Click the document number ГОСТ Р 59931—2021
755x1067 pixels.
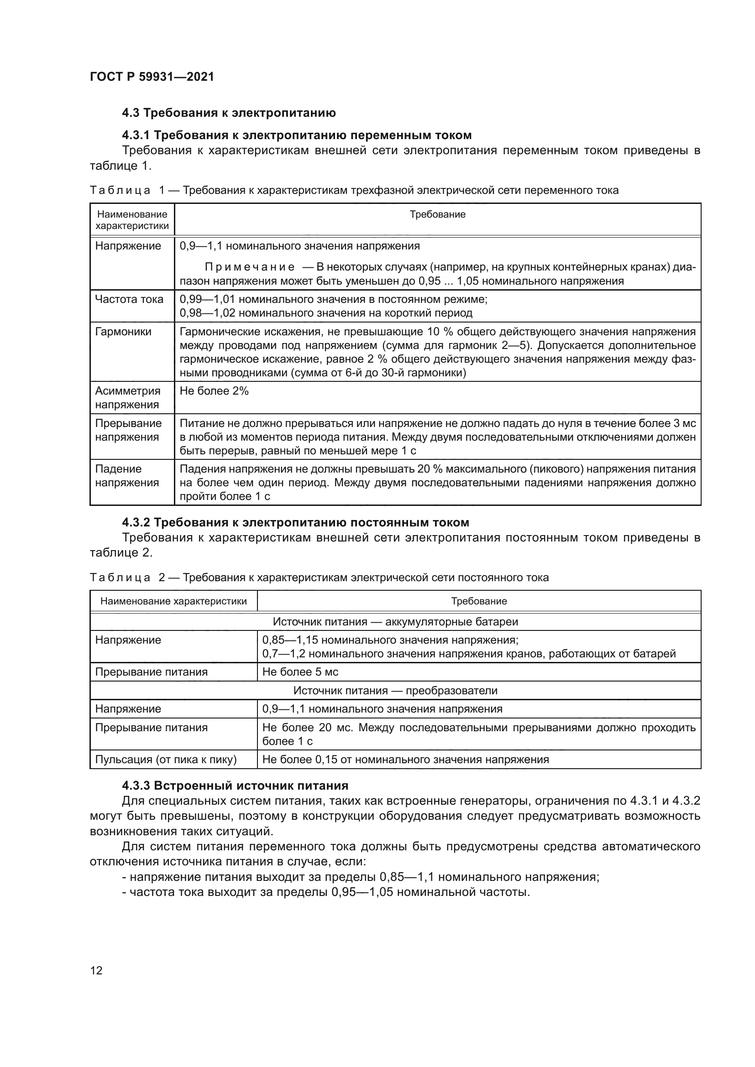(152, 77)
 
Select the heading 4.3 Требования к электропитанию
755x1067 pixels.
(229, 113)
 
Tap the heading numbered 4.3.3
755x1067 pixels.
(235, 786)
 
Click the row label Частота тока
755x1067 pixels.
(129, 299)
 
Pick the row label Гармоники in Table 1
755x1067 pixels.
(123, 332)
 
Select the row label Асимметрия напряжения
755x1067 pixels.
(128, 398)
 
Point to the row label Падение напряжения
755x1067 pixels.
(127, 476)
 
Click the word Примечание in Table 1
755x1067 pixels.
(250, 267)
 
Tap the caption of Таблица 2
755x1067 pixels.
(319, 578)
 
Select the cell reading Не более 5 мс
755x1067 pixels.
(300, 672)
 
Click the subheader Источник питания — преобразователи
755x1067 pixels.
(395, 691)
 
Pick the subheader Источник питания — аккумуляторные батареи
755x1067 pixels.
(395, 622)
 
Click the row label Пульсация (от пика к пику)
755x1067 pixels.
(166, 760)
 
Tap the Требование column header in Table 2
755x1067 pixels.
(479, 601)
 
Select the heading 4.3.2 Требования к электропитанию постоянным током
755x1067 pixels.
(295, 522)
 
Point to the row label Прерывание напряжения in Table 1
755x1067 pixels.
(128, 430)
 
